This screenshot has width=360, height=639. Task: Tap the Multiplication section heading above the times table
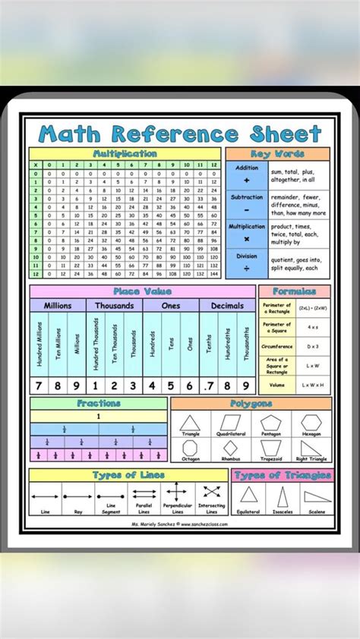(125, 154)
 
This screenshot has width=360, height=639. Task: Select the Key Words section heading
(278, 154)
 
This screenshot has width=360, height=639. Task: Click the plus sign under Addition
(247, 181)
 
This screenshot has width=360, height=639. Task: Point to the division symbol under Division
(247, 268)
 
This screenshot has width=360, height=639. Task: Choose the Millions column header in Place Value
(58, 305)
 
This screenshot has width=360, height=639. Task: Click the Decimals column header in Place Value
(228, 305)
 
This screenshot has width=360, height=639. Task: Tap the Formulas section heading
(295, 291)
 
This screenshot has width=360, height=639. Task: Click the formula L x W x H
(313, 386)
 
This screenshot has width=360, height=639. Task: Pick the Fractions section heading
(98, 404)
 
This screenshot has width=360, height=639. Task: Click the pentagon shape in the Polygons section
(271, 423)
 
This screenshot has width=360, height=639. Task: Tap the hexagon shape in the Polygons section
(311, 423)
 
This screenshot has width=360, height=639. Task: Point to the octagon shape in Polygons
(190, 448)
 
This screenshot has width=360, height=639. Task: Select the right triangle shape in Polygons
(311, 447)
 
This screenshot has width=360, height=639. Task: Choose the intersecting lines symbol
(211, 492)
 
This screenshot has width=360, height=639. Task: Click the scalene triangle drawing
(316, 497)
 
